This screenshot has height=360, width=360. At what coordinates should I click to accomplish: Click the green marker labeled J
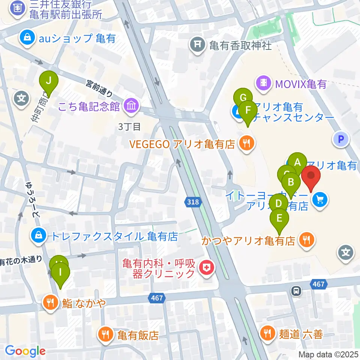(49, 81)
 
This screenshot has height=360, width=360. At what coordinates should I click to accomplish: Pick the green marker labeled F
(247, 111)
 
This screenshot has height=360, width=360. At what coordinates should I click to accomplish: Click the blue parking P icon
(340, 139)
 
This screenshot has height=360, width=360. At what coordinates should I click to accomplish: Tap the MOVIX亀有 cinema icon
(264, 82)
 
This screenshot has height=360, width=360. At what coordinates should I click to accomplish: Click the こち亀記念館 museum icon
(129, 106)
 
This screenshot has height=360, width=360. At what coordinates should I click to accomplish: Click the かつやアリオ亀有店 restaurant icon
(307, 240)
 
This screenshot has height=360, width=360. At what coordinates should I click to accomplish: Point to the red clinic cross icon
(206, 268)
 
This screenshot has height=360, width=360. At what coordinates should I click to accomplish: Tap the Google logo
(25, 351)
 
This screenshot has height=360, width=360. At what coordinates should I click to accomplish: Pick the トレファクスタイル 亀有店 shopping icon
(39, 236)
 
